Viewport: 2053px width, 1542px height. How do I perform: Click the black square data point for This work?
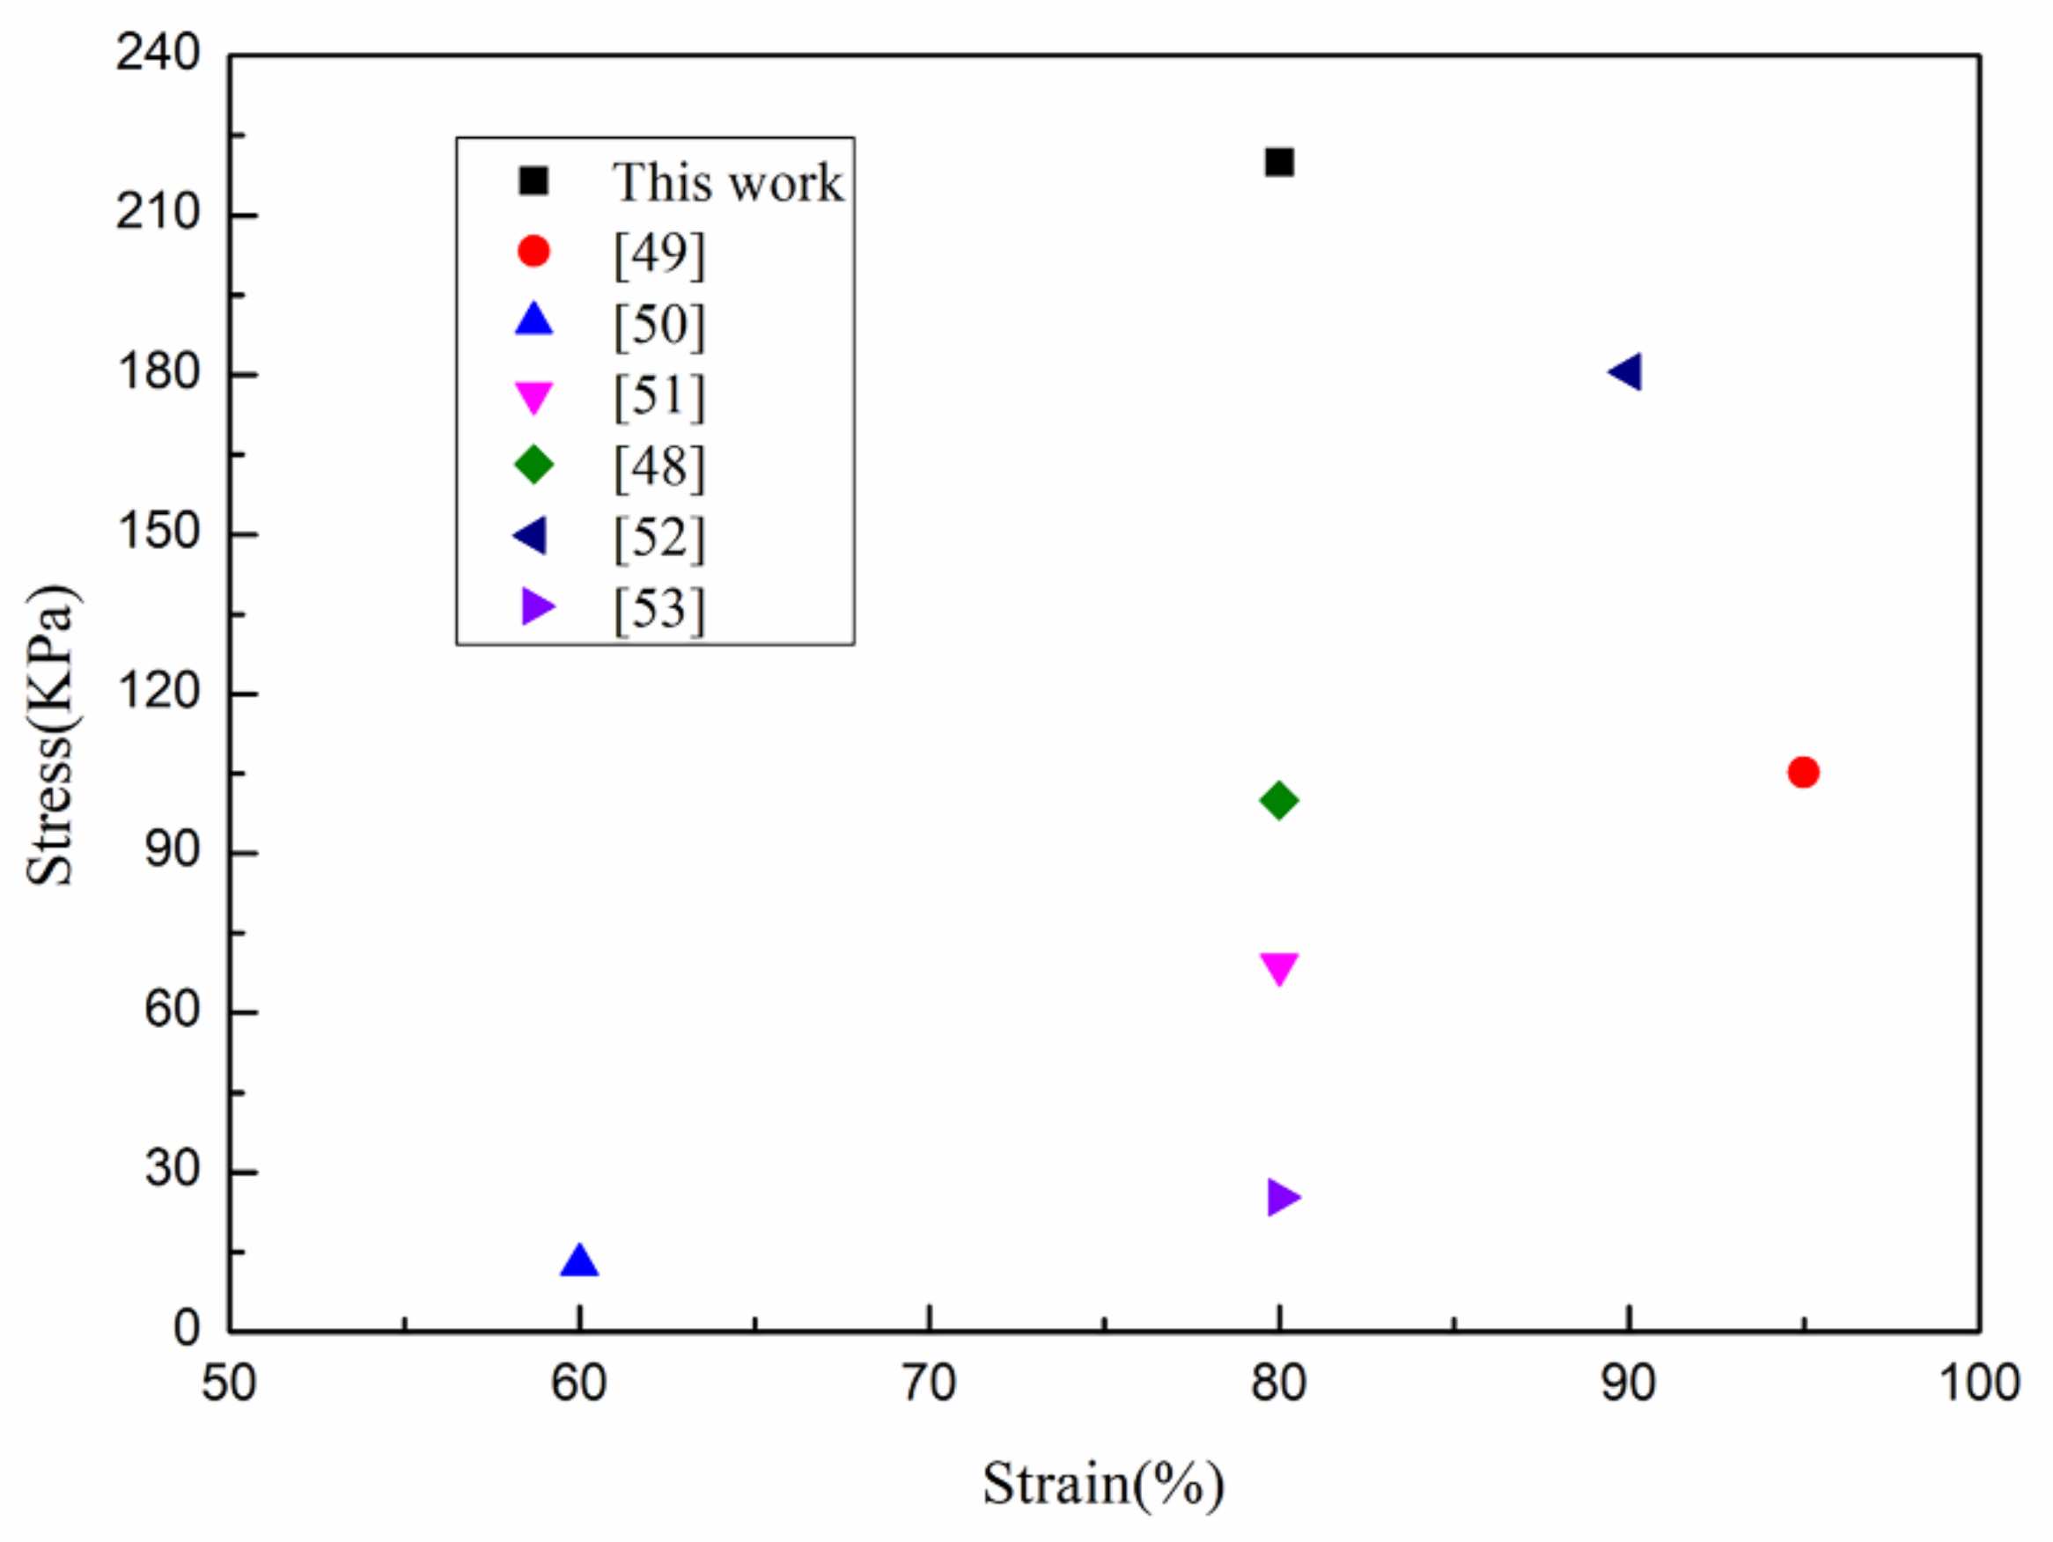coord(1279,162)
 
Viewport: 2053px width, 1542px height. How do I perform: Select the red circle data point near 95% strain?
coord(1802,772)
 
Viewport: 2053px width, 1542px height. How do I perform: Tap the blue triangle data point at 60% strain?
coord(579,1263)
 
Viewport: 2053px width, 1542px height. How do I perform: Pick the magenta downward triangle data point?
coord(1279,966)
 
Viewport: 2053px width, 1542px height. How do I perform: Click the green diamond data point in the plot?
coord(1279,800)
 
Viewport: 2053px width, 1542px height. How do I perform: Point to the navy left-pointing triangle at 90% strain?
coord(1626,372)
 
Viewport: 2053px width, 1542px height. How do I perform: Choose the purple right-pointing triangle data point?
coord(1282,1198)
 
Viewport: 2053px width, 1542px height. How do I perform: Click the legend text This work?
coord(726,182)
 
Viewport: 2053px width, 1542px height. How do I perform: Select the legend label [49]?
coord(659,253)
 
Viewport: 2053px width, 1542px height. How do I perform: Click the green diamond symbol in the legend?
coord(533,464)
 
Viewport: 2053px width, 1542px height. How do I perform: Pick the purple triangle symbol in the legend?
coord(536,606)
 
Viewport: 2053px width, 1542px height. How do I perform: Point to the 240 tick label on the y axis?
coord(158,53)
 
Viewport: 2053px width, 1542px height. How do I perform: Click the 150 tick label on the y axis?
coord(158,532)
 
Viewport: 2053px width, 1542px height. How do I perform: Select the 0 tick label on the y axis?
coord(186,1329)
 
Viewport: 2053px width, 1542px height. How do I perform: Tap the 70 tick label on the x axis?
coord(928,1384)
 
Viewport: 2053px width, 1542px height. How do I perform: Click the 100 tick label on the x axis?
coord(1980,1384)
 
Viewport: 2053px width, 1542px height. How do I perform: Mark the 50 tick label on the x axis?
coord(228,1384)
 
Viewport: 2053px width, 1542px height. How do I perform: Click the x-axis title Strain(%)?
coord(1102,1483)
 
